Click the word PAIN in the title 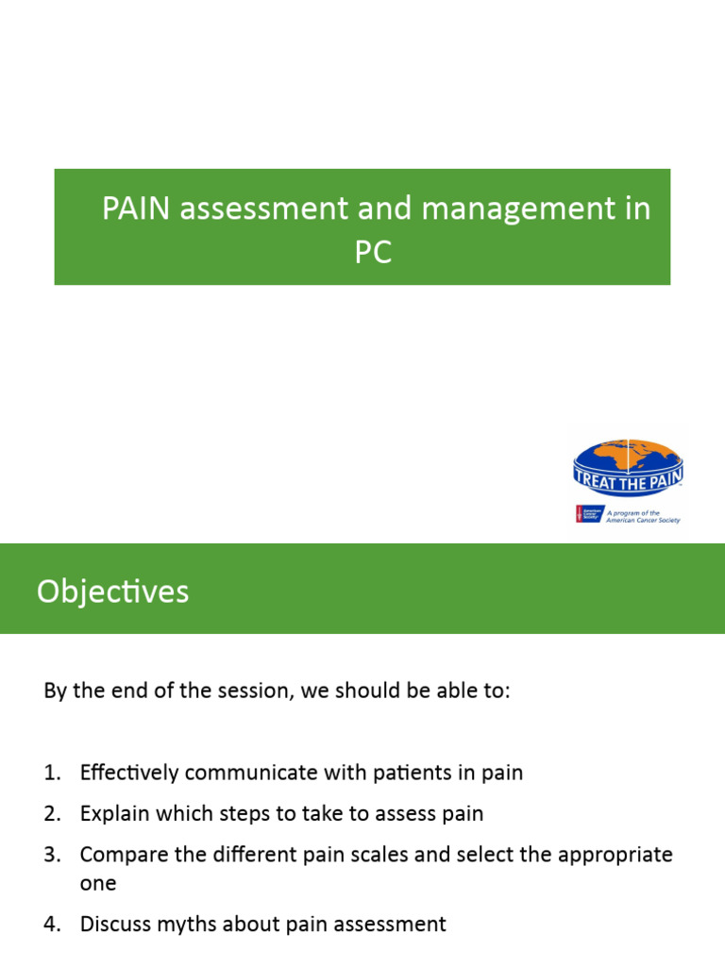click(x=137, y=208)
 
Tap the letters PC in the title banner click(x=373, y=253)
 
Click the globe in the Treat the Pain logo click(x=627, y=457)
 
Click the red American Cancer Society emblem click(x=581, y=514)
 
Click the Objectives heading click(x=112, y=591)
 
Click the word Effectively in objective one click(x=129, y=773)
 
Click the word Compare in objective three click(x=120, y=855)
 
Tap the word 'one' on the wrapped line click(x=98, y=883)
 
